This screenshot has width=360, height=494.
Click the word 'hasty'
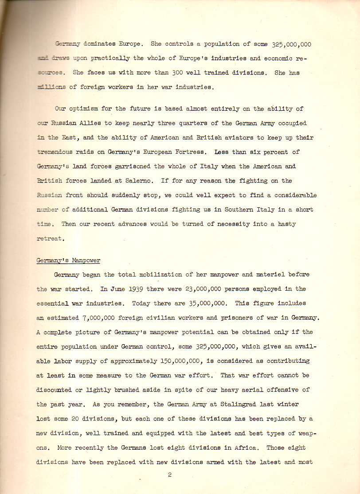coord(287,224)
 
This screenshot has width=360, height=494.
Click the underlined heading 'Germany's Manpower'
coord(68,260)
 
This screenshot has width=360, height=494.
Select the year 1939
coord(132,289)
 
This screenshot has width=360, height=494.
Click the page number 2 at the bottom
coord(170,475)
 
